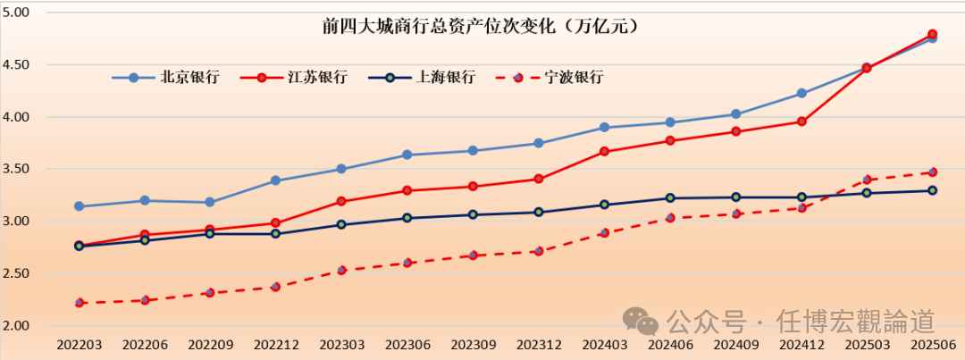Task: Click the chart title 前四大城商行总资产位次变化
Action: click(x=482, y=27)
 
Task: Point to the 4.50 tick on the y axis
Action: click(x=16, y=65)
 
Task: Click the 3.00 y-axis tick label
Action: click(x=16, y=222)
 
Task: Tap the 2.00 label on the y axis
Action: click(x=16, y=326)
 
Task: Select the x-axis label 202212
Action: click(x=275, y=344)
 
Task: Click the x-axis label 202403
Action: click(x=604, y=344)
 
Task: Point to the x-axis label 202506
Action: click(x=932, y=344)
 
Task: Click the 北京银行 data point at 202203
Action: click(x=80, y=206)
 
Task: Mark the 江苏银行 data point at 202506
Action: click(x=932, y=34)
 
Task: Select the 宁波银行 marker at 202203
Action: click(x=80, y=303)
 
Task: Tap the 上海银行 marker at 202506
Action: click(x=932, y=190)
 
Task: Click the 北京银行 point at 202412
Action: click(x=801, y=93)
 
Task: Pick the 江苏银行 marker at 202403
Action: click(x=605, y=152)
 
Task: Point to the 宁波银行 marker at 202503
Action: click(x=867, y=180)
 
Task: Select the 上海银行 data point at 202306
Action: click(x=407, y=218)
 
